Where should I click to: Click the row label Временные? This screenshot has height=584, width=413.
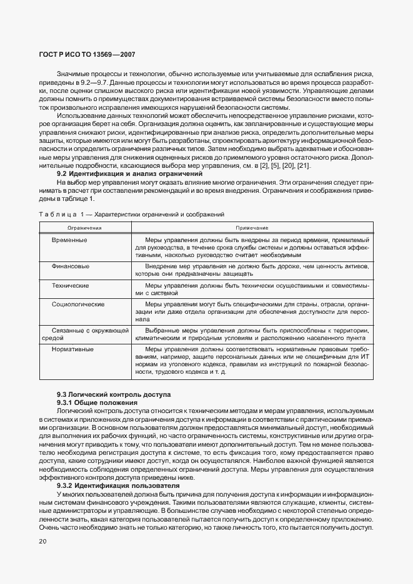tap(69, 240)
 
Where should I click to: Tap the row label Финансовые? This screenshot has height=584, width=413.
tap(70, 266)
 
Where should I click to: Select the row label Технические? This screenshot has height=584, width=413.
tap(70, 285)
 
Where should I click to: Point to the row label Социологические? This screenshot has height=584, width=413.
tap(77, 304)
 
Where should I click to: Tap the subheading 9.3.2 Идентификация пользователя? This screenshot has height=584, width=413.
tap(118, 485)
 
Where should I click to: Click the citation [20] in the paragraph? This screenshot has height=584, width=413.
tap(290, 165)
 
